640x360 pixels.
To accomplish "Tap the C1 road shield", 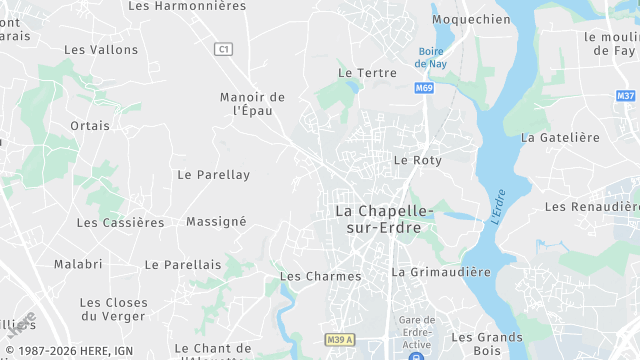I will point(224,48).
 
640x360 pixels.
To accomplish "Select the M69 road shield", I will point(424,89).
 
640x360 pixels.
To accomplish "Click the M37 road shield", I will point(626,96).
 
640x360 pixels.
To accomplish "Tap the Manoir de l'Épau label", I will point(252,104).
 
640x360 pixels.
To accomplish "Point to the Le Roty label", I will point(418,160).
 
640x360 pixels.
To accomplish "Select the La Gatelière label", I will point(560,137).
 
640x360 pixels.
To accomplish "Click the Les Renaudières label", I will point(592,207).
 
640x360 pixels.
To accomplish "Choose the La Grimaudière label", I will point(441,272).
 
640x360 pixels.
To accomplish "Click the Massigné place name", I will point(216,221).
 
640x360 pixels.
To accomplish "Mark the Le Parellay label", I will point(213,175).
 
